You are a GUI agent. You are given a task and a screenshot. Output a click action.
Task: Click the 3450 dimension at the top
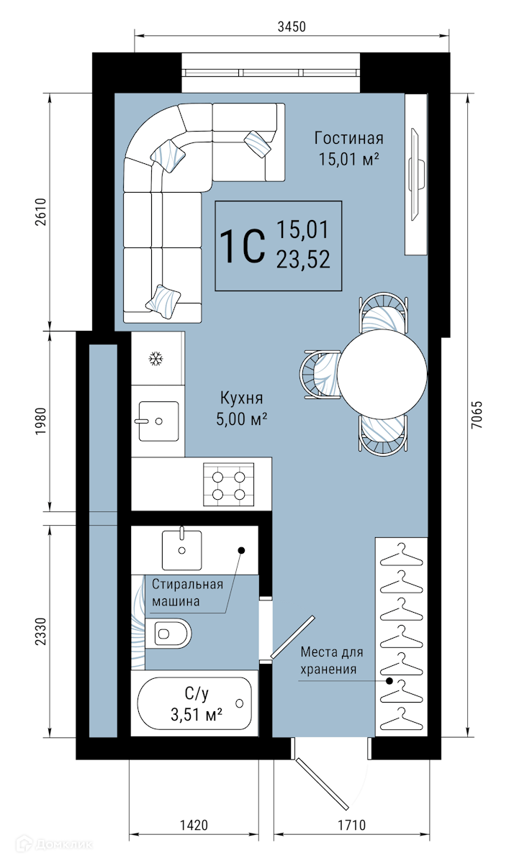pos(292,27)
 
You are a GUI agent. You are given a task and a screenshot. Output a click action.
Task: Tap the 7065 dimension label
pos(477,414)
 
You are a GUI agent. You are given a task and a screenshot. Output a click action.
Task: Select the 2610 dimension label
pos(40,211)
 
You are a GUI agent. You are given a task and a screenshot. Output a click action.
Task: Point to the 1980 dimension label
pos(40,421)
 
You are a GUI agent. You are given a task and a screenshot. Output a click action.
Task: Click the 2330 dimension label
pos(40,631)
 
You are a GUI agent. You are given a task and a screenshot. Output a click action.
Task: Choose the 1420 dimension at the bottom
pos(194,825)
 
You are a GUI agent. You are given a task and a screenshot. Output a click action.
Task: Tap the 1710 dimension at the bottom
pos(351,825)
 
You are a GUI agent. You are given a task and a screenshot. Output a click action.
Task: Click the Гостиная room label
pos(348,138)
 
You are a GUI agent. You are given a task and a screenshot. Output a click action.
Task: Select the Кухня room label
pos(241,398)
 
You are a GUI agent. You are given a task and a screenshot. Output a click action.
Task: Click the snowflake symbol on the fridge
pos(155,359)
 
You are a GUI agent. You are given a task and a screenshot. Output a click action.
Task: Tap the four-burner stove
pos(229,484)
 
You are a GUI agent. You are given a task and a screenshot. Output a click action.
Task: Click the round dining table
pos(382,374)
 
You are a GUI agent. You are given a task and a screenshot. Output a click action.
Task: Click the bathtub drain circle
pos(239,703)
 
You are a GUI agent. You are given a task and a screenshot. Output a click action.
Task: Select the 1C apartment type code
pos(243,246)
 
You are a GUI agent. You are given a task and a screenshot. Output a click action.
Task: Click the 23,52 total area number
pos(304,259)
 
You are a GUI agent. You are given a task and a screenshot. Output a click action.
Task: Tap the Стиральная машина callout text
pos(187,593)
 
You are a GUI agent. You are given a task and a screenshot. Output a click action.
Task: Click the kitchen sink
pos(158,421)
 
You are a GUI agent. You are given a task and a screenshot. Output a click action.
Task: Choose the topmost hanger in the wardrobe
pos(402,554)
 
